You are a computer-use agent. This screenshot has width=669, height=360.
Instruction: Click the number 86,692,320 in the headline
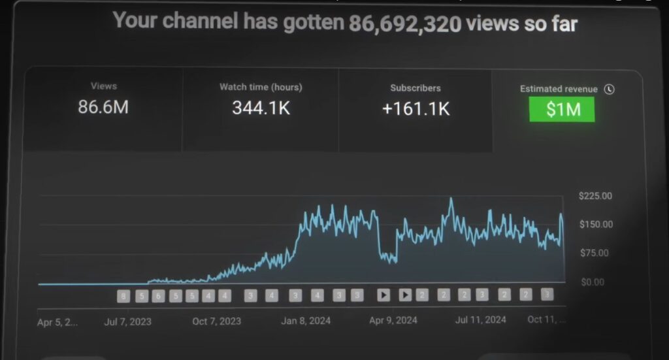(404, 24)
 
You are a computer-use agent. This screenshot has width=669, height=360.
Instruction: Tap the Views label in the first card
(104, 86)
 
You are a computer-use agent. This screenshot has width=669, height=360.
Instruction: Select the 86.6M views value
(103, 107)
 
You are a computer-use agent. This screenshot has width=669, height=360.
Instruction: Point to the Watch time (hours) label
(261, 87)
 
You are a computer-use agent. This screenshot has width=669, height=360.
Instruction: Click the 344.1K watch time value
(261, 108)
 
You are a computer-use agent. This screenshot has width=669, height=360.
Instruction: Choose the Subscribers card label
(416, 88)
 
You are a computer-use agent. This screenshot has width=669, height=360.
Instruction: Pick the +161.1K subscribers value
(416, 108)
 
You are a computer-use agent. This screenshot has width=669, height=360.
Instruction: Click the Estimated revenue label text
(559, 89)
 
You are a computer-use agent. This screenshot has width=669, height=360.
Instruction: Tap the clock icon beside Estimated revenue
(609, 90)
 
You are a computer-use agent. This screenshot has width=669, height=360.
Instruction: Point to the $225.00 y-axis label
(595, 195)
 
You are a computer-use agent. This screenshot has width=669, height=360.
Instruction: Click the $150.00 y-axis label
(595, 224)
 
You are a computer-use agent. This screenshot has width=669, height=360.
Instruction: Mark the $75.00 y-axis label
(594, 253)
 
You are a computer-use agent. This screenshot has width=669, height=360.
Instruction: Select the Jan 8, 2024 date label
(306, 321)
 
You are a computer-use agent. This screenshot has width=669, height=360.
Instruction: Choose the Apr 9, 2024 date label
(393, 321)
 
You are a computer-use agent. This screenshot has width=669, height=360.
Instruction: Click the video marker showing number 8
(123, 296)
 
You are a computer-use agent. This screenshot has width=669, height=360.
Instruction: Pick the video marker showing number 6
(158, 296)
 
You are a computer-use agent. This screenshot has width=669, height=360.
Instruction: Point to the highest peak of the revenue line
(451, 199)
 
